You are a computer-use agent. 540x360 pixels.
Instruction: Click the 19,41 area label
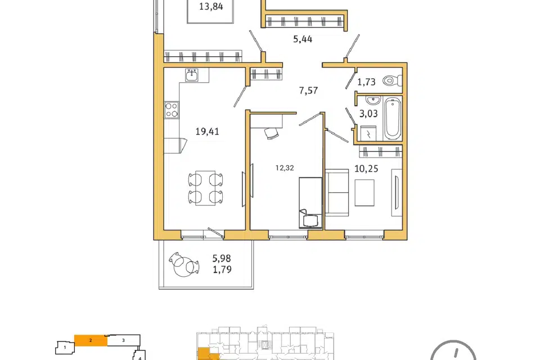pos(208,131)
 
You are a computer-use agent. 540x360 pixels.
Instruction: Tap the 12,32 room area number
pos(285,168)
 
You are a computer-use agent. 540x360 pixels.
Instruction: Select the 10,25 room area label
pos(366,168)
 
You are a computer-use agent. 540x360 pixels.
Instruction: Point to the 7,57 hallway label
pos(308,91)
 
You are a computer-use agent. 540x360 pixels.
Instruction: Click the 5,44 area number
pos(303,39)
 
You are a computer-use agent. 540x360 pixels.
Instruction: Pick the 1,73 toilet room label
pos(366,82)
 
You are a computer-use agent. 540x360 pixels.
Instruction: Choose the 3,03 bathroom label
pos(368,113)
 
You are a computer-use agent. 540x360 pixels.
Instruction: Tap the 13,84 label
pos(211,6)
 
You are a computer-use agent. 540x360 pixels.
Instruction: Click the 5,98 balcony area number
pos(222,258)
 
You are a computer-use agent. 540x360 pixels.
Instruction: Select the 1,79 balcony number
pos(222,269)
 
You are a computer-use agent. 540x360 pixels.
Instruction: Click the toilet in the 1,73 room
pos(392,81)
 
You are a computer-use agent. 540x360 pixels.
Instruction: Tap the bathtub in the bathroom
pos(392,118)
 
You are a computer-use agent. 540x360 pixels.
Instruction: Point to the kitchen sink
pos(191,75)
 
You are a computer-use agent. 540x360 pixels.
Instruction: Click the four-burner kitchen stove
pos(172,110)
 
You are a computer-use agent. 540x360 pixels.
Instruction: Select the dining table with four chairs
pos(205,188)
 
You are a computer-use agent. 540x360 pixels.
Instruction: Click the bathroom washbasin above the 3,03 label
pos(372,101)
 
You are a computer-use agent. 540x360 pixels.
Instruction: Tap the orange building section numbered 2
pos(91,340)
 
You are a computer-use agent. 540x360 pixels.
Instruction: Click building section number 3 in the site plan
pos(123,340)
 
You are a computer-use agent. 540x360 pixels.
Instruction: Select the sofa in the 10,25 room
pos(337,192)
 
